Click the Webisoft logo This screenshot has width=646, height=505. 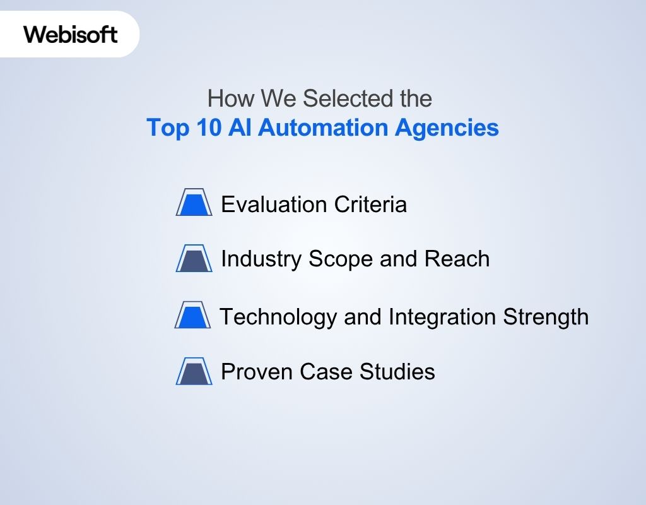71,34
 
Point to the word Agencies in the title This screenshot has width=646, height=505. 447,128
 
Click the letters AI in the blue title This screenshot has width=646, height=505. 241,128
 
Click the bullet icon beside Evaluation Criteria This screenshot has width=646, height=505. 194,203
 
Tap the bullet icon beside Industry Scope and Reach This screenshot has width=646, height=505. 194,258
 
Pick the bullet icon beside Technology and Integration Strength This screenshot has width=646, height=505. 192,316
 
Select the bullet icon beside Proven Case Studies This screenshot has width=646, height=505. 194,371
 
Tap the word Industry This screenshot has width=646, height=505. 261,259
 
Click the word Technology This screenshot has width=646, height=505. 278,316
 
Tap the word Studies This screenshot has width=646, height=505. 397,372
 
